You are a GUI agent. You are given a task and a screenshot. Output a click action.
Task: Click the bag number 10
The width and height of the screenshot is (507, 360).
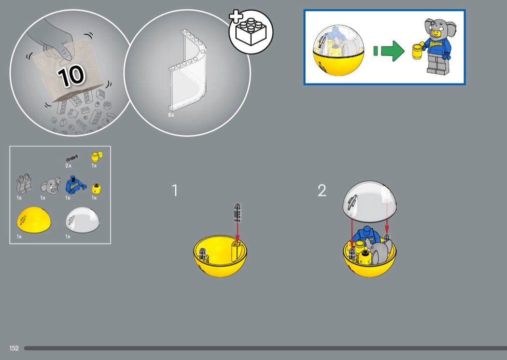click(71, 76)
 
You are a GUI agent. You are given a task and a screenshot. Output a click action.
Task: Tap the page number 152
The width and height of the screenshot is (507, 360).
click(14, 348)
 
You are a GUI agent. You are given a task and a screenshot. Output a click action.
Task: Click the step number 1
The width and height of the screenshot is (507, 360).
click(175, 190)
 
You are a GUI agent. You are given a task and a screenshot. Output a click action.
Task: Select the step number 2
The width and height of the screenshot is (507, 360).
click(322, 190)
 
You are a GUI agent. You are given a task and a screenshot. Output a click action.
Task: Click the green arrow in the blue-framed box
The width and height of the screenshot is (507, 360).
click(389, 51)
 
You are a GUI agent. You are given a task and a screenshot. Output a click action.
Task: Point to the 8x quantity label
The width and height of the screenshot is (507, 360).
click(171, 115)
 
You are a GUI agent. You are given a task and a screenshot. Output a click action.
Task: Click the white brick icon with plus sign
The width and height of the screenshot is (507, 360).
click(251, 31)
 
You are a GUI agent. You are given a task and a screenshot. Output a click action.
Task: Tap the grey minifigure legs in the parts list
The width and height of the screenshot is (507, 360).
click(24, 184)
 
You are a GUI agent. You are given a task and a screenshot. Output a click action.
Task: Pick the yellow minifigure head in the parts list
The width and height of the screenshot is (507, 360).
click(96, 188)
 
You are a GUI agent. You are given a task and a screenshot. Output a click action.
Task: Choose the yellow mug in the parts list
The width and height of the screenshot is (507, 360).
click(97, 157)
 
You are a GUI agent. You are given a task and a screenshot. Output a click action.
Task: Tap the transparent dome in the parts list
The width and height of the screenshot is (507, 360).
click(83, 220)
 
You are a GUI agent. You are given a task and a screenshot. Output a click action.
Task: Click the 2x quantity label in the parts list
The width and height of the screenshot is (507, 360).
click(68, 166)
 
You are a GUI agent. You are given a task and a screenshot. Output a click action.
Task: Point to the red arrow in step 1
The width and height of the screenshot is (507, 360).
click(238, 232)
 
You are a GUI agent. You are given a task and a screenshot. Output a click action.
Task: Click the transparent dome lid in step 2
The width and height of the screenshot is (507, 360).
click(369, 201)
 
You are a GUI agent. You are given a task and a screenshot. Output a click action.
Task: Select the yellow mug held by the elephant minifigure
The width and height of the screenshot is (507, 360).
click(418, 51)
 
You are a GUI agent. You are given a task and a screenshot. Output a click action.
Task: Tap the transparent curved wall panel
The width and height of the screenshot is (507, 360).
click(187, 70)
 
